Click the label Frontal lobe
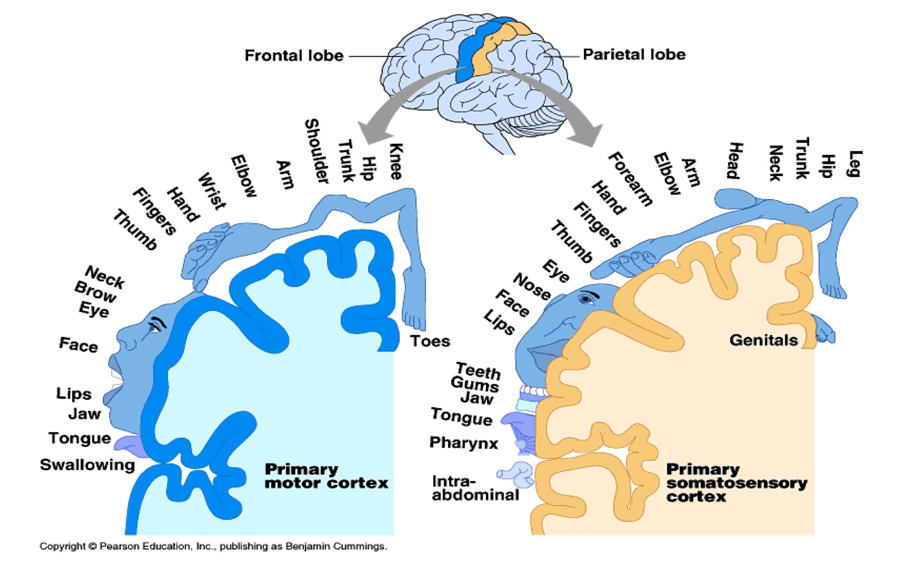[294, 56]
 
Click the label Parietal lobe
[634, 55]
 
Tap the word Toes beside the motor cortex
[430, 341]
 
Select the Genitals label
[763, 340]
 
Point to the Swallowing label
[87, 465]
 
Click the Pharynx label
[463, 443]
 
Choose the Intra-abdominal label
[475, 488]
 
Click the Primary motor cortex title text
[326, 476]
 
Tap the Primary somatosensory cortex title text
[735, 482]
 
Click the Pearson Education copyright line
[213, 546]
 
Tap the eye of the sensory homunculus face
[587, 298]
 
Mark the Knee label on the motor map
[396, 161]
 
